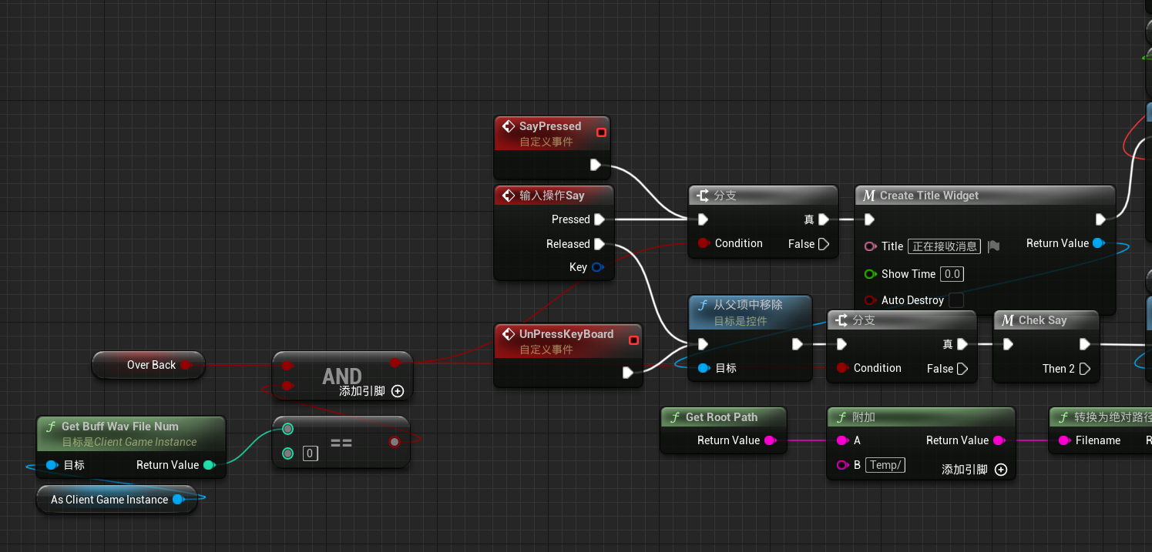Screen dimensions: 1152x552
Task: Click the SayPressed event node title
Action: coord(549,126)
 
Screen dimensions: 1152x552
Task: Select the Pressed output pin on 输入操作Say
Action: coord(600,219)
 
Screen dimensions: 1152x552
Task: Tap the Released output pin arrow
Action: coord(600,243)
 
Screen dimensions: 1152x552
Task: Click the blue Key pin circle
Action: coord(598,267)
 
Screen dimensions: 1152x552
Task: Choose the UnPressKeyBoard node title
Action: coord(566,334)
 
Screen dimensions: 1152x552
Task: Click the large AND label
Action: coord(342,376)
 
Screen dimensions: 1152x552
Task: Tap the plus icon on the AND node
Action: coord(398,391)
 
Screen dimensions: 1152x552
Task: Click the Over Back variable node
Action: coord(149,365)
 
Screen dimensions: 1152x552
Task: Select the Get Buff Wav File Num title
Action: coord(120,427)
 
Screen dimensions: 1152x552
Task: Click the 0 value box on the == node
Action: coord(310,453)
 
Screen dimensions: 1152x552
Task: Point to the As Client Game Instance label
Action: coord(109,500)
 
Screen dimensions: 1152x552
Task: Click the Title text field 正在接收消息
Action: coord(944,246)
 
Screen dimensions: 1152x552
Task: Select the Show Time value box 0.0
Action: coord(952,274)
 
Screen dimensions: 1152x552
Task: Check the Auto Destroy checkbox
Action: coord(956,300)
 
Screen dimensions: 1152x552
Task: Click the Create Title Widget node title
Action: coord(929,196)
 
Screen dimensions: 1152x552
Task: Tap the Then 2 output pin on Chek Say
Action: coord(1085,369)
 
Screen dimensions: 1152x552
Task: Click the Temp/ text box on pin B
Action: coord(885,465)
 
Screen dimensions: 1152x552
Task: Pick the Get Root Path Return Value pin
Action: coord(770,440)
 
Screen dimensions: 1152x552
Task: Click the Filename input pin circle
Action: coord(1065,440)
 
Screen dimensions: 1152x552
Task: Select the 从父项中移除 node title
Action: coord(747,305)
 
